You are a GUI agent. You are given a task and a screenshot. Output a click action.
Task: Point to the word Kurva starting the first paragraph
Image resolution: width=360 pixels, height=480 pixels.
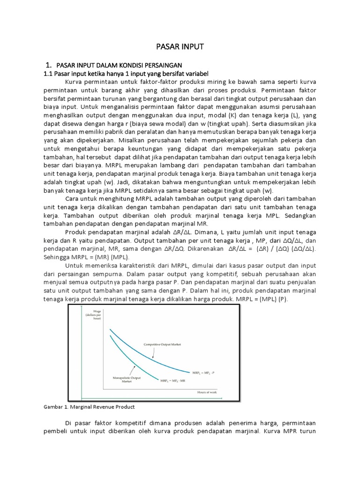click(x=74, y=80)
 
